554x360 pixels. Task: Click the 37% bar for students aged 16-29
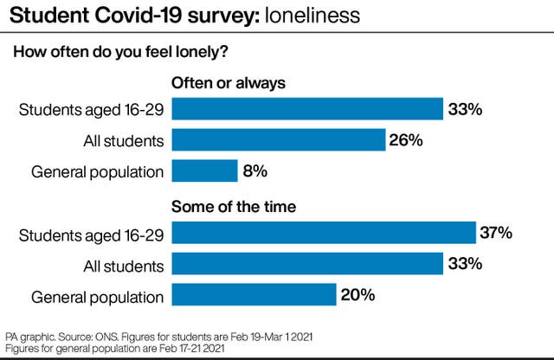(324, 233)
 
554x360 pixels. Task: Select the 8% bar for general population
(205, 170)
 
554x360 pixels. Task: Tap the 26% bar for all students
(279, 140)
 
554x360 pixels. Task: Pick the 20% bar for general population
(254, 294)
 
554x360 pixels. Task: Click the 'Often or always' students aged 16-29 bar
(307, 109)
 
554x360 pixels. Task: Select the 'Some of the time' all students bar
(307, 264)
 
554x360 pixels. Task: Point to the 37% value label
(496, 233)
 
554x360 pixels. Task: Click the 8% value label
(255, 171)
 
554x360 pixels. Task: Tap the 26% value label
(406, 140)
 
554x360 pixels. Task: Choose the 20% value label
(358, 295)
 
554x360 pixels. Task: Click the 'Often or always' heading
(229, 83)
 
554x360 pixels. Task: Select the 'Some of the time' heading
(234, 207)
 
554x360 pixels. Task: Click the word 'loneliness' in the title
(312, 16)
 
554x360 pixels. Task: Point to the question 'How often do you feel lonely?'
(120, 52)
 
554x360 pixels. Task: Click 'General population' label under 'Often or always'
(98, 172)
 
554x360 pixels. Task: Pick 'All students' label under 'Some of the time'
(124, 267)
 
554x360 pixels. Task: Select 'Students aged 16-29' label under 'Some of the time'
(92, 235)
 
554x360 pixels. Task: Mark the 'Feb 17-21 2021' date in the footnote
(192, 349)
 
